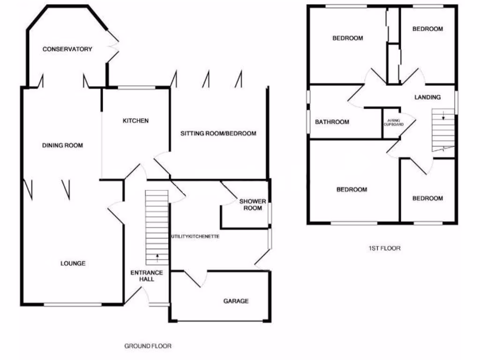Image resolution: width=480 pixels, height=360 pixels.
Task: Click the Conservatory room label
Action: coord(67,49)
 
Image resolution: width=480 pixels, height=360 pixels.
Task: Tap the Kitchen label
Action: coord(135,121)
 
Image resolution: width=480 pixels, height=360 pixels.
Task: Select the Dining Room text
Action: coord(62,146)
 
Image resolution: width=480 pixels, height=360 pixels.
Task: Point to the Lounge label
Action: coord(73,263)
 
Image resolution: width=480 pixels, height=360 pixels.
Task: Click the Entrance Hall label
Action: coord(146,276)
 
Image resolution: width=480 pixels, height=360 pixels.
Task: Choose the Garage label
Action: coord(236,301)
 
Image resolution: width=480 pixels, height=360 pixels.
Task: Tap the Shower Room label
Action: coord(253,205)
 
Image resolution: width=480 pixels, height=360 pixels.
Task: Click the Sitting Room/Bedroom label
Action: coord(218,134)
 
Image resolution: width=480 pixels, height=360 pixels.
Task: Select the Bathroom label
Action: coord(332,122)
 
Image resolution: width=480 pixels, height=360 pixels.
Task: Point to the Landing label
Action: coord(427,97)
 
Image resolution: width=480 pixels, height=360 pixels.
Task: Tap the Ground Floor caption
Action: coord(148,346)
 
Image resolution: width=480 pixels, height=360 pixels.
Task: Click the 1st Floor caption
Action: coord(384,248)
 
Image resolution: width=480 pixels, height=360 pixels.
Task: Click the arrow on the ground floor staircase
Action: coord(157,256)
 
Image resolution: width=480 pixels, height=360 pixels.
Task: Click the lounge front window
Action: coord(73,305)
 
